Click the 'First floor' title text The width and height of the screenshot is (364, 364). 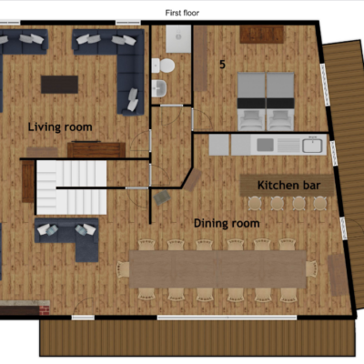coord(182,13)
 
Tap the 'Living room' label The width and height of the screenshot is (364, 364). coord(60,126)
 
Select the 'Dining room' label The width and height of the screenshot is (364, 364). coord(227,223)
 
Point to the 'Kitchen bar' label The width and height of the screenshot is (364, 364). coord(288,185)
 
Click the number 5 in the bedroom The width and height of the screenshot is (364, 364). coord(222,65)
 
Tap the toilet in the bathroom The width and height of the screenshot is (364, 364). coord(163,66)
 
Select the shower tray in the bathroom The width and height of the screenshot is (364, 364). coord(178,39)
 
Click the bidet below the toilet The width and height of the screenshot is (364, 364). coord(159,88)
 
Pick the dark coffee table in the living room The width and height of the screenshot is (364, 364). coord(59,85)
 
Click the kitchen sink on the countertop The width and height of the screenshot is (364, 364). coord(312,146)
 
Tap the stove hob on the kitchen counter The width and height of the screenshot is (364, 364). coord(265,145)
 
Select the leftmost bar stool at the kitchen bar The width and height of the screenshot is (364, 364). coord(255,203)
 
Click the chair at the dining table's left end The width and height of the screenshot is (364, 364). coord(124,269)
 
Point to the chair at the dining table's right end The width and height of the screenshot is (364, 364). coord(311,269)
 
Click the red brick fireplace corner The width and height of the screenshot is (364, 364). coord(45,310)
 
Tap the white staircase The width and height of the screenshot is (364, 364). coord(72,187)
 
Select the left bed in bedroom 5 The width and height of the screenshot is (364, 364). coord(251,102)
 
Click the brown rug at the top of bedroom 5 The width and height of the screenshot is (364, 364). coord(262,35)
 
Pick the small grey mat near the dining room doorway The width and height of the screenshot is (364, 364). coord(162,197)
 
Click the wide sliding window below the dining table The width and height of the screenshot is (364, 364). coord(227,318)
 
